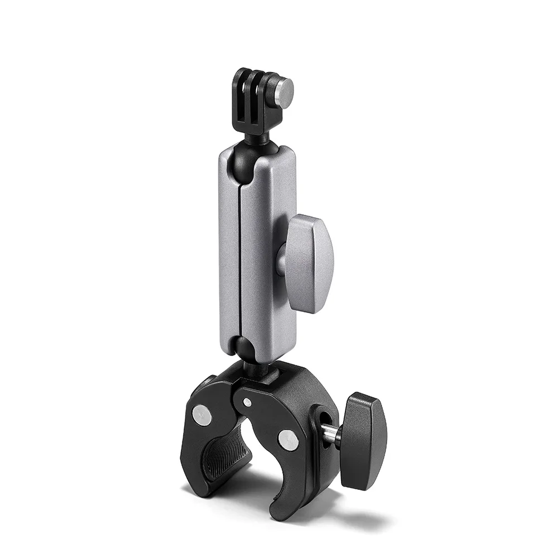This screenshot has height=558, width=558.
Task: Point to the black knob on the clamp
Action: pyautogui.click(x=364, y=441)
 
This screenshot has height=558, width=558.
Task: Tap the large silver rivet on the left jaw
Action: pyautogui.click(x=202, y=413)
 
